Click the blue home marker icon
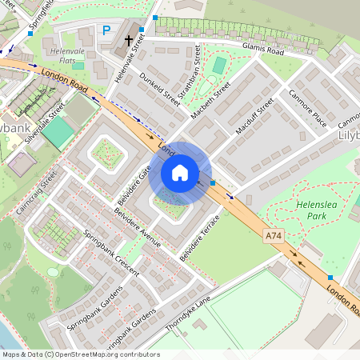tap(180, 172)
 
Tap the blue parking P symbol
tap(106, 30)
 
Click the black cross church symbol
tap(129, 39)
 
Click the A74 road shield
tap(274, 234)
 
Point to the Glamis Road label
tap(262, 50)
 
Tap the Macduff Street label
tap(255, 116)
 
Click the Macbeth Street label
tap(210, 101)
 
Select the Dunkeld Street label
tap(159, 90)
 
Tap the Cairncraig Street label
tap(36, 192)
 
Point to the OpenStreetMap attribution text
tap(80, 354)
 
